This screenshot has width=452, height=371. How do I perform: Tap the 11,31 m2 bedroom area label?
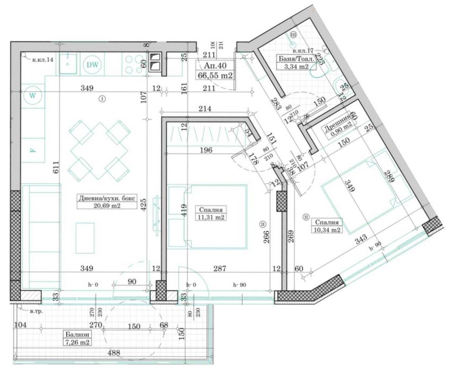(209, 217)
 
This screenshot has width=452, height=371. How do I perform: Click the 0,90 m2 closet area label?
(338, 126)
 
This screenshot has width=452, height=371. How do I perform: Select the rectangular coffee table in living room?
(85, 238)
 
